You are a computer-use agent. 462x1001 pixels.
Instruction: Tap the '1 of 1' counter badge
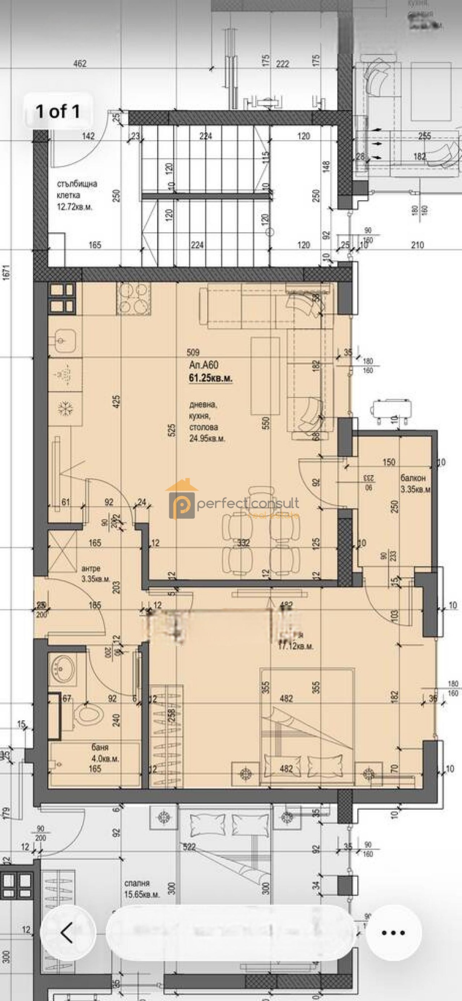pyautogui.click(x=57, y=111)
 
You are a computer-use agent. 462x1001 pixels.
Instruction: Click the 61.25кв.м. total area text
pyautogui.click(x=211, y=379)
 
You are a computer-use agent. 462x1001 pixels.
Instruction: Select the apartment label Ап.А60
pyautogui.click(x=203, y=365)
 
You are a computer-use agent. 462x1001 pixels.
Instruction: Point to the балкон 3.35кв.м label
pyautogui.click(x=415, y=483)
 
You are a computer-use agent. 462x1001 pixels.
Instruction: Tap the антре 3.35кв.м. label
pyautogui.click(x=95, y=574)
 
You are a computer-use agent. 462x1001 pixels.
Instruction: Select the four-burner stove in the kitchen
pyautogui.click(x=134, y=299)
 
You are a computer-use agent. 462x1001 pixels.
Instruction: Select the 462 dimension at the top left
pyautogui.click(x=80, y=63)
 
